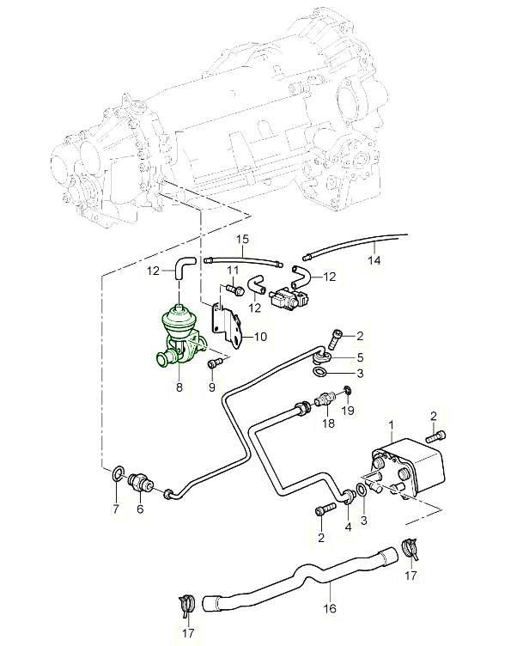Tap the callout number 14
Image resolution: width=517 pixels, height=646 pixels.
(374, 259)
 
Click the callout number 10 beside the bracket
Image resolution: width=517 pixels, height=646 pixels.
(259, 337)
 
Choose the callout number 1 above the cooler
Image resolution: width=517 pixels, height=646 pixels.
(391, 425)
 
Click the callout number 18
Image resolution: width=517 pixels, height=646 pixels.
(328, 424)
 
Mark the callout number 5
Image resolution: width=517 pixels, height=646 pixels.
(361, 357)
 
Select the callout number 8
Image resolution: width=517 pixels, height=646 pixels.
(179, 388)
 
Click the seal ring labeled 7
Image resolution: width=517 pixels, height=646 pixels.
(117, 472)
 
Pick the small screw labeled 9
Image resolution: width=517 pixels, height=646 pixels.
(215, 365)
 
